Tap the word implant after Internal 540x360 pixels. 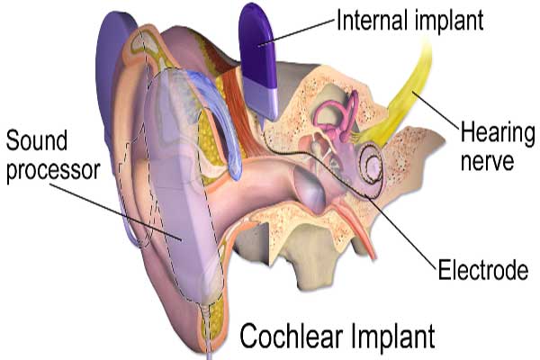coord(449,22)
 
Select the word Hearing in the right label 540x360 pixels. coord(498,134)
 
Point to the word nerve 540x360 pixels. coord(487,161)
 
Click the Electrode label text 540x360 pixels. coord(483,269)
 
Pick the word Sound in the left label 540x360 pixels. coord(37,140)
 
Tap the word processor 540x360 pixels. coord(53,171)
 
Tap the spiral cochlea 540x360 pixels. coord(371,165)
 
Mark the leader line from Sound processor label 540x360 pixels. coord(116,211)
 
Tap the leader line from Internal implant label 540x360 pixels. coord(296,32)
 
